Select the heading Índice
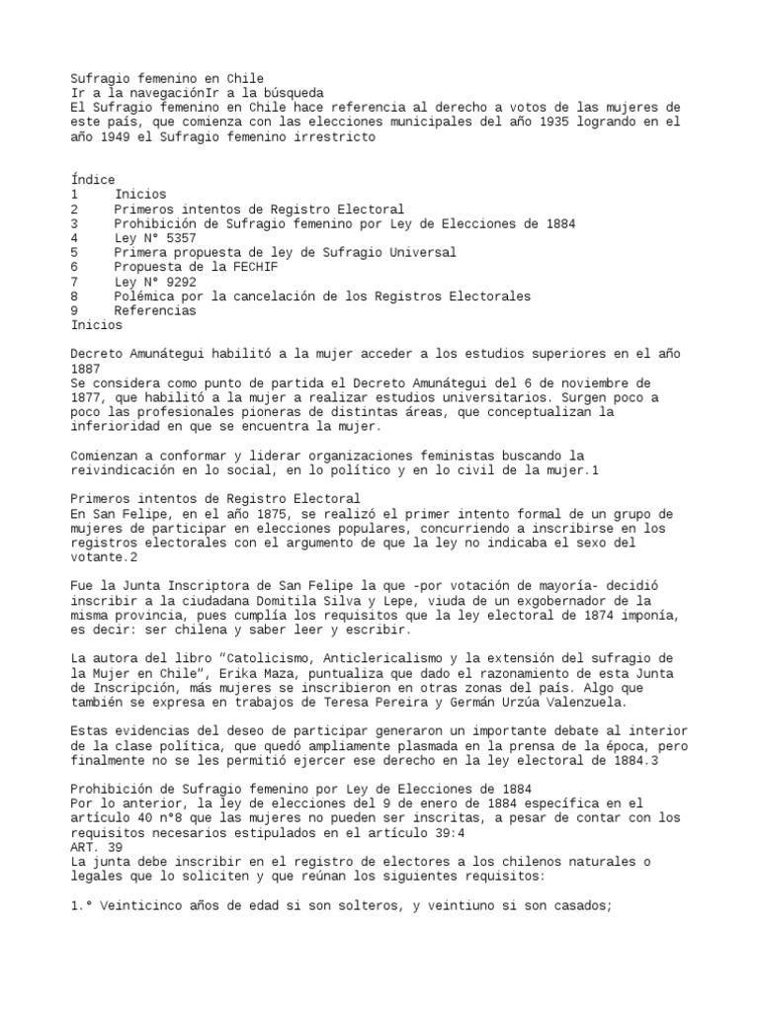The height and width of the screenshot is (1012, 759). click(x=93, y=180)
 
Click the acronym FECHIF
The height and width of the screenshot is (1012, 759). click(x=235, y=267)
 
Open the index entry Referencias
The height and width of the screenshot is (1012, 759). click(x=155, y=310)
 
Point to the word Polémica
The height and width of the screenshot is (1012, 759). click(x=146, y=295)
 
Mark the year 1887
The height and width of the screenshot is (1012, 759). click(x=86, y=369)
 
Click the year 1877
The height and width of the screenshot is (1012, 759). click(x=86, y=397)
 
